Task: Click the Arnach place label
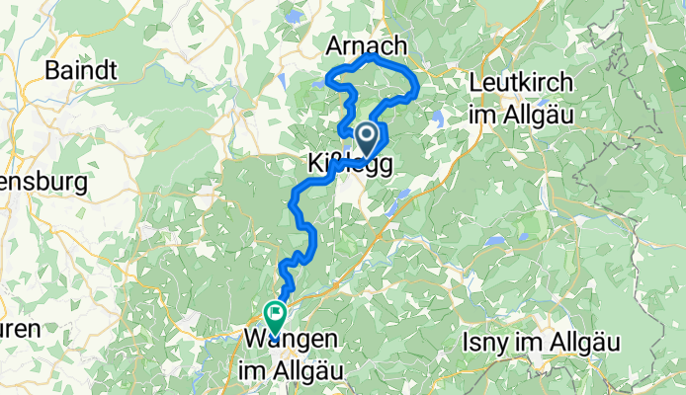(x=366, y=45)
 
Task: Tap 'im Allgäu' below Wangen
(x=288, y=370)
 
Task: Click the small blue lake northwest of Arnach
(x=293, y=17)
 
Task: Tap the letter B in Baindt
(x=52, y=70)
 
